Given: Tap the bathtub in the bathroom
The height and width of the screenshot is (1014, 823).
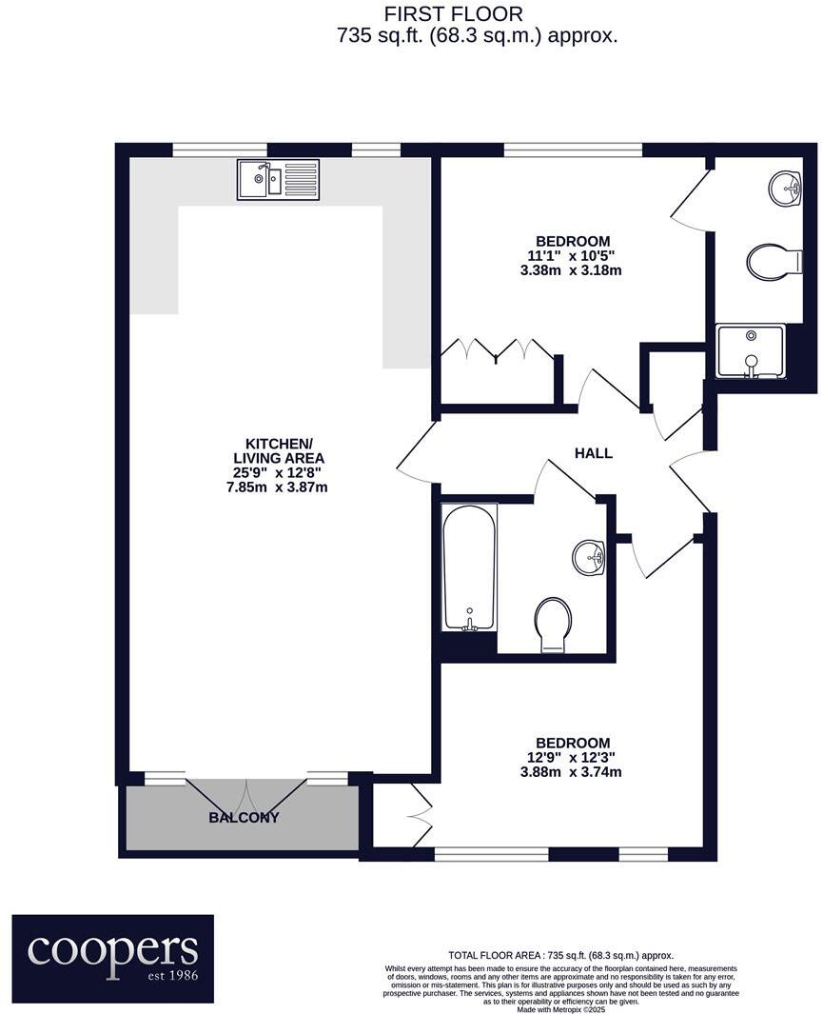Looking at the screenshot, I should click(468, 567).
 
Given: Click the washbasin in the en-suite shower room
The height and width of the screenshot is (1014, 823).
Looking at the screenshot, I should click(786, 188).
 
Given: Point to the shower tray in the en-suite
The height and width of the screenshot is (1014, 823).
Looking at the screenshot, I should click(752, 350).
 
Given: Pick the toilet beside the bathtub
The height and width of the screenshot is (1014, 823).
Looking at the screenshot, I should click(553, 625).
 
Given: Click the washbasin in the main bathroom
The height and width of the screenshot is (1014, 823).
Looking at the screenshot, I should click(590, 556).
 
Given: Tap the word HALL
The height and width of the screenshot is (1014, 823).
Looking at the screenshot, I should click(593, 453).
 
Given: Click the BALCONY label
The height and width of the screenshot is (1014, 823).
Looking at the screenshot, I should click(244, 817).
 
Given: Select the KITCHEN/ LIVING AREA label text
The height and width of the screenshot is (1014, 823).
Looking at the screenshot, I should click(279, 451).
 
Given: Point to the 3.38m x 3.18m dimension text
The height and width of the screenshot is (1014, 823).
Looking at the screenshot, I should click(572, 270).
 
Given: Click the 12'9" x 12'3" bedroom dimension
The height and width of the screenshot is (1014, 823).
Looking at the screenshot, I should click(571, 758).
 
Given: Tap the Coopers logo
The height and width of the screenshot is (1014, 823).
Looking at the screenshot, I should click(112, 959).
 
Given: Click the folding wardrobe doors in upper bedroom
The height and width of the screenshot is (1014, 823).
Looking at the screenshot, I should click(497, 349).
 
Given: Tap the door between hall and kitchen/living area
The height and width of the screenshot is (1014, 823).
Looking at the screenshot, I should click(414, 450).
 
